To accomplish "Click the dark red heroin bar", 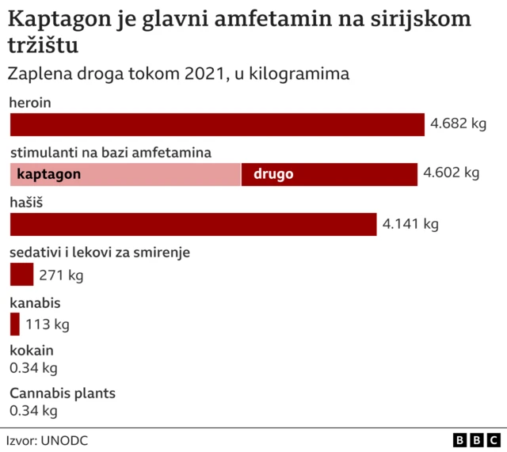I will pyautogui.click(x=217, y=125).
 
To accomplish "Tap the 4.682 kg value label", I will pyautogui.click(x=457, y=124).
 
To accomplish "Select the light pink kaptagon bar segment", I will pyautogui.click(x=125, y=174).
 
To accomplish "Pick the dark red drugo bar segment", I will pyautogui.click(x=330, y=174).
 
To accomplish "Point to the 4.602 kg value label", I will pyautogui.click(x=452, y=173).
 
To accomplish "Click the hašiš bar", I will pyautogui.click(x=193, y=224).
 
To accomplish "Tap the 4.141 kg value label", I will pyautogui.click(x=410, y=224).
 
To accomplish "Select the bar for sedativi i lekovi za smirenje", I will pyautogui.click(x=21, y=274).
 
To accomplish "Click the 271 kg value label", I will pyautogui.click(x=61, y=275).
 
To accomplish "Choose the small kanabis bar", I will pyautogui.click(x=14, y=324).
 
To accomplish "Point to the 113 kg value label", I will pyautogui.click(x=48, y=325).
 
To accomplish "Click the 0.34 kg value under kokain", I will pyautogui.click(x=33, y=368).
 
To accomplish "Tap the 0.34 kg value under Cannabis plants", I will pyautogui.click(x=33, y=411).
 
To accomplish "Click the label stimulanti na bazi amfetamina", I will pyautogui.click(x=110, y=153).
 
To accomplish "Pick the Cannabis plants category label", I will pyautogui.click(x=63, y=393).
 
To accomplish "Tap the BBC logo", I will pyautogui.click(x=477, y=439).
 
